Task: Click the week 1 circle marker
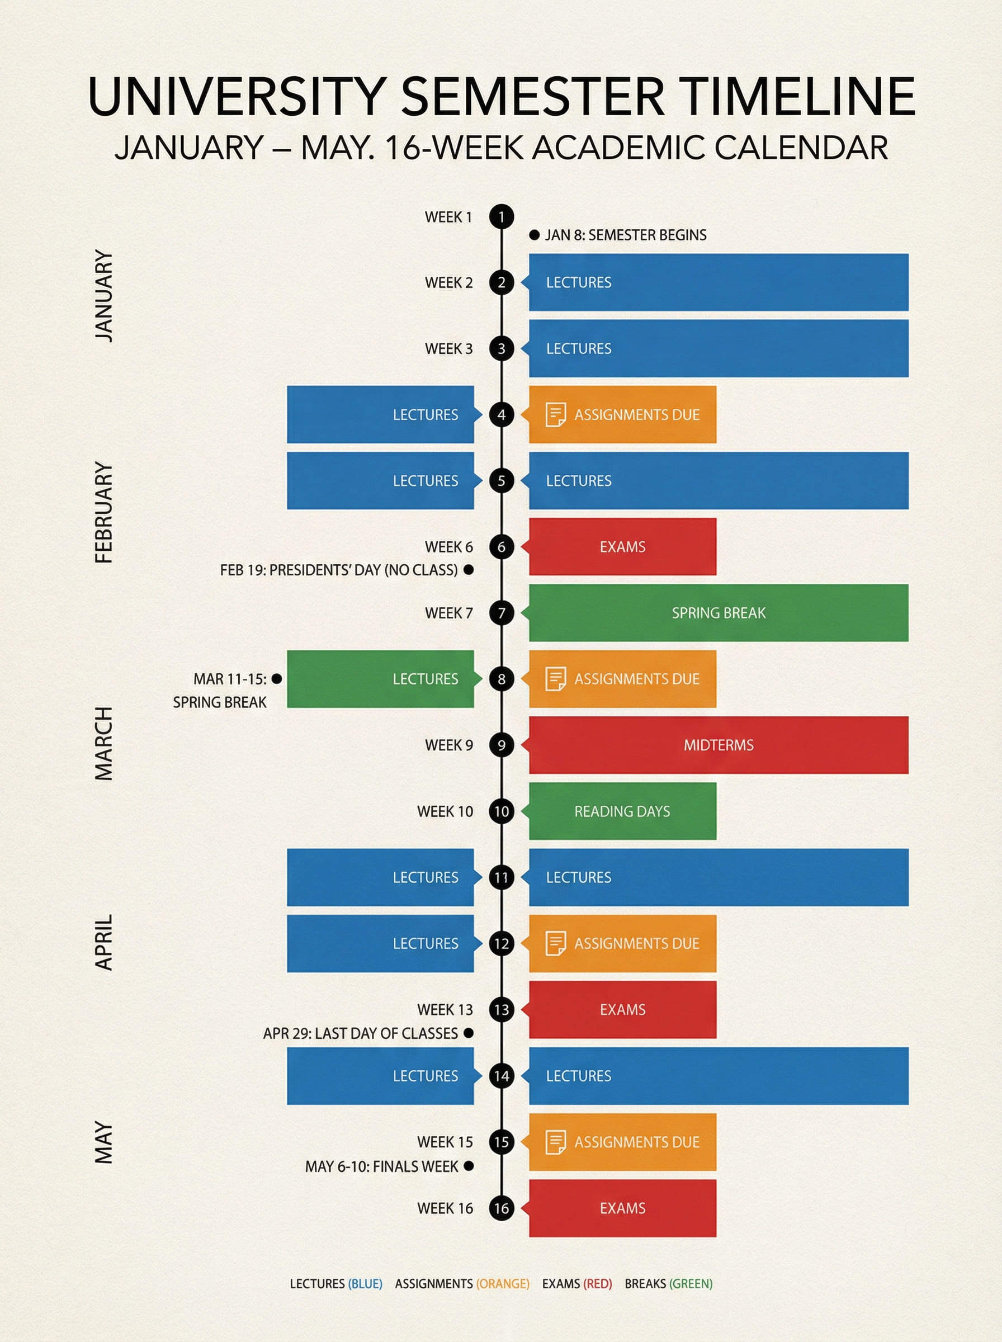pos(502,216)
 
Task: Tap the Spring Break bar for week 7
pos(718,612)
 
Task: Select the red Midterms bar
pos(718,745)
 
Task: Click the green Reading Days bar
pos(622,811)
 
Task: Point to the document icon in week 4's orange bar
pos(556,415)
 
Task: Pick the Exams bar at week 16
pos(622,1208)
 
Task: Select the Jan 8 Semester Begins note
pos(625,235)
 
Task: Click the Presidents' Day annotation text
pos(339,570)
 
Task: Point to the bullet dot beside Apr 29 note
pos(468,1033)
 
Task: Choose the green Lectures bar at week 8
pos(380,679)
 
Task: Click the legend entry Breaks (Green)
pos(668,1284)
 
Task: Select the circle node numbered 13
pos(502,1010)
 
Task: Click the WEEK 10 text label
pos(445,811)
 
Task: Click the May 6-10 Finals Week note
pos(381,1166)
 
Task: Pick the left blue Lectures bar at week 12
pos(380,943)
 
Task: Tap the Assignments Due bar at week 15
pos(622,1142)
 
